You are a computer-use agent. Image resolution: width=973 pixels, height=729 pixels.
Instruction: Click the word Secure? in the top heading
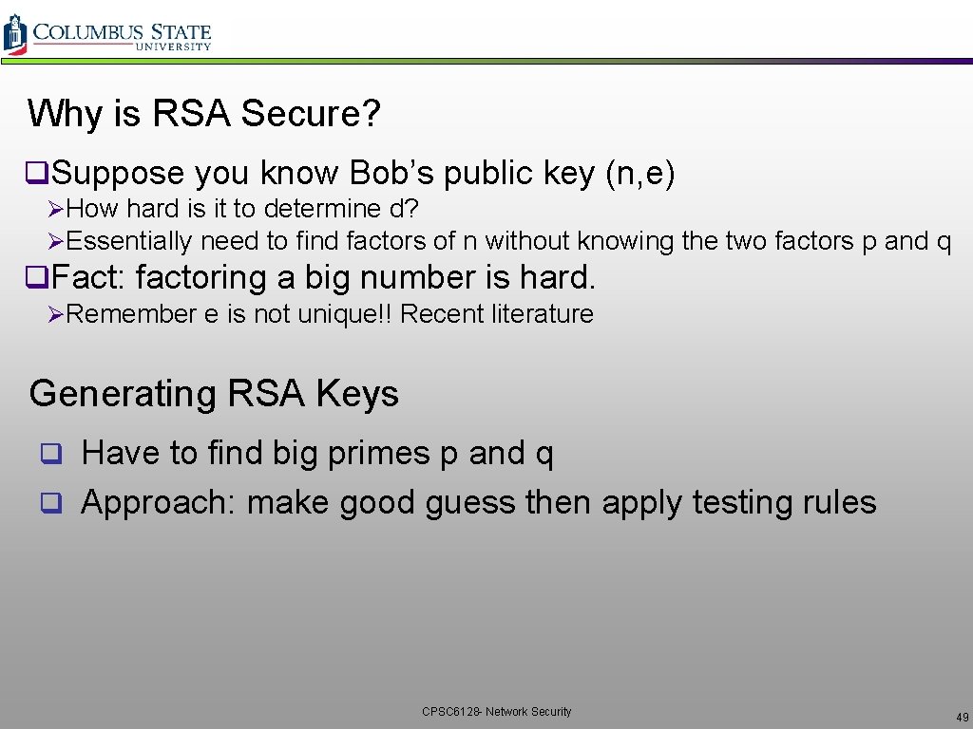tap(311, 114)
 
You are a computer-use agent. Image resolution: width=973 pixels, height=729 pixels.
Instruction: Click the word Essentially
tap(129, 241)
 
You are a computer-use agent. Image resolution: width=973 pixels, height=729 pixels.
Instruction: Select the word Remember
tap(132, 314)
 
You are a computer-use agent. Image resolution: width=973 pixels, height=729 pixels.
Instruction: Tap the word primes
tap(378, 453)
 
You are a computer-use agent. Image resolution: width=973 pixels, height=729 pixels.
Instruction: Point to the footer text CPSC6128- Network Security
tap(497, 712)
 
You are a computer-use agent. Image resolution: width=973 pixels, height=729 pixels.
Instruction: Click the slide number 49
tap(962, 717)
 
